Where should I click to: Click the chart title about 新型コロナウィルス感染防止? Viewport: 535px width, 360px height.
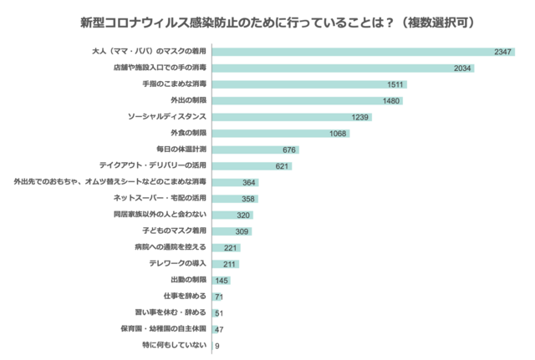click(x=267, y=19)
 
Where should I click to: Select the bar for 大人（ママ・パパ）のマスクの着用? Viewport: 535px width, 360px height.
click(x=351, y=52)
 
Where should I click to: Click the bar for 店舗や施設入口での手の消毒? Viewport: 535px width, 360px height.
click(x=334, y=68)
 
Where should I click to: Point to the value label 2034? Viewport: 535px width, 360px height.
click(x=464, y=68)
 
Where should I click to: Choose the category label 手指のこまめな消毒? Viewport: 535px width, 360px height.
click(x=171, y=84)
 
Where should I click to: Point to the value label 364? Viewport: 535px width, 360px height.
click(x=249, y=182)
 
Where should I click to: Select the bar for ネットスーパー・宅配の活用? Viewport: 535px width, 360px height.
click(x=234, y=199)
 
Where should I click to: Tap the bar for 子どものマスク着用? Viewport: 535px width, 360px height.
click(x=232, y=231)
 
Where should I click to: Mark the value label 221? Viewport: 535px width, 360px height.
click(x=231, y=247)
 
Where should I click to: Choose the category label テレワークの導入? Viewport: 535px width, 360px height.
click(x=177, y=263)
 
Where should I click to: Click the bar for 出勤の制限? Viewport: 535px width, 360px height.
click(x=221, y=280)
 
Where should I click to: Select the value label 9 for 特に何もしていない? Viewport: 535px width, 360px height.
click(x=217, y=345)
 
